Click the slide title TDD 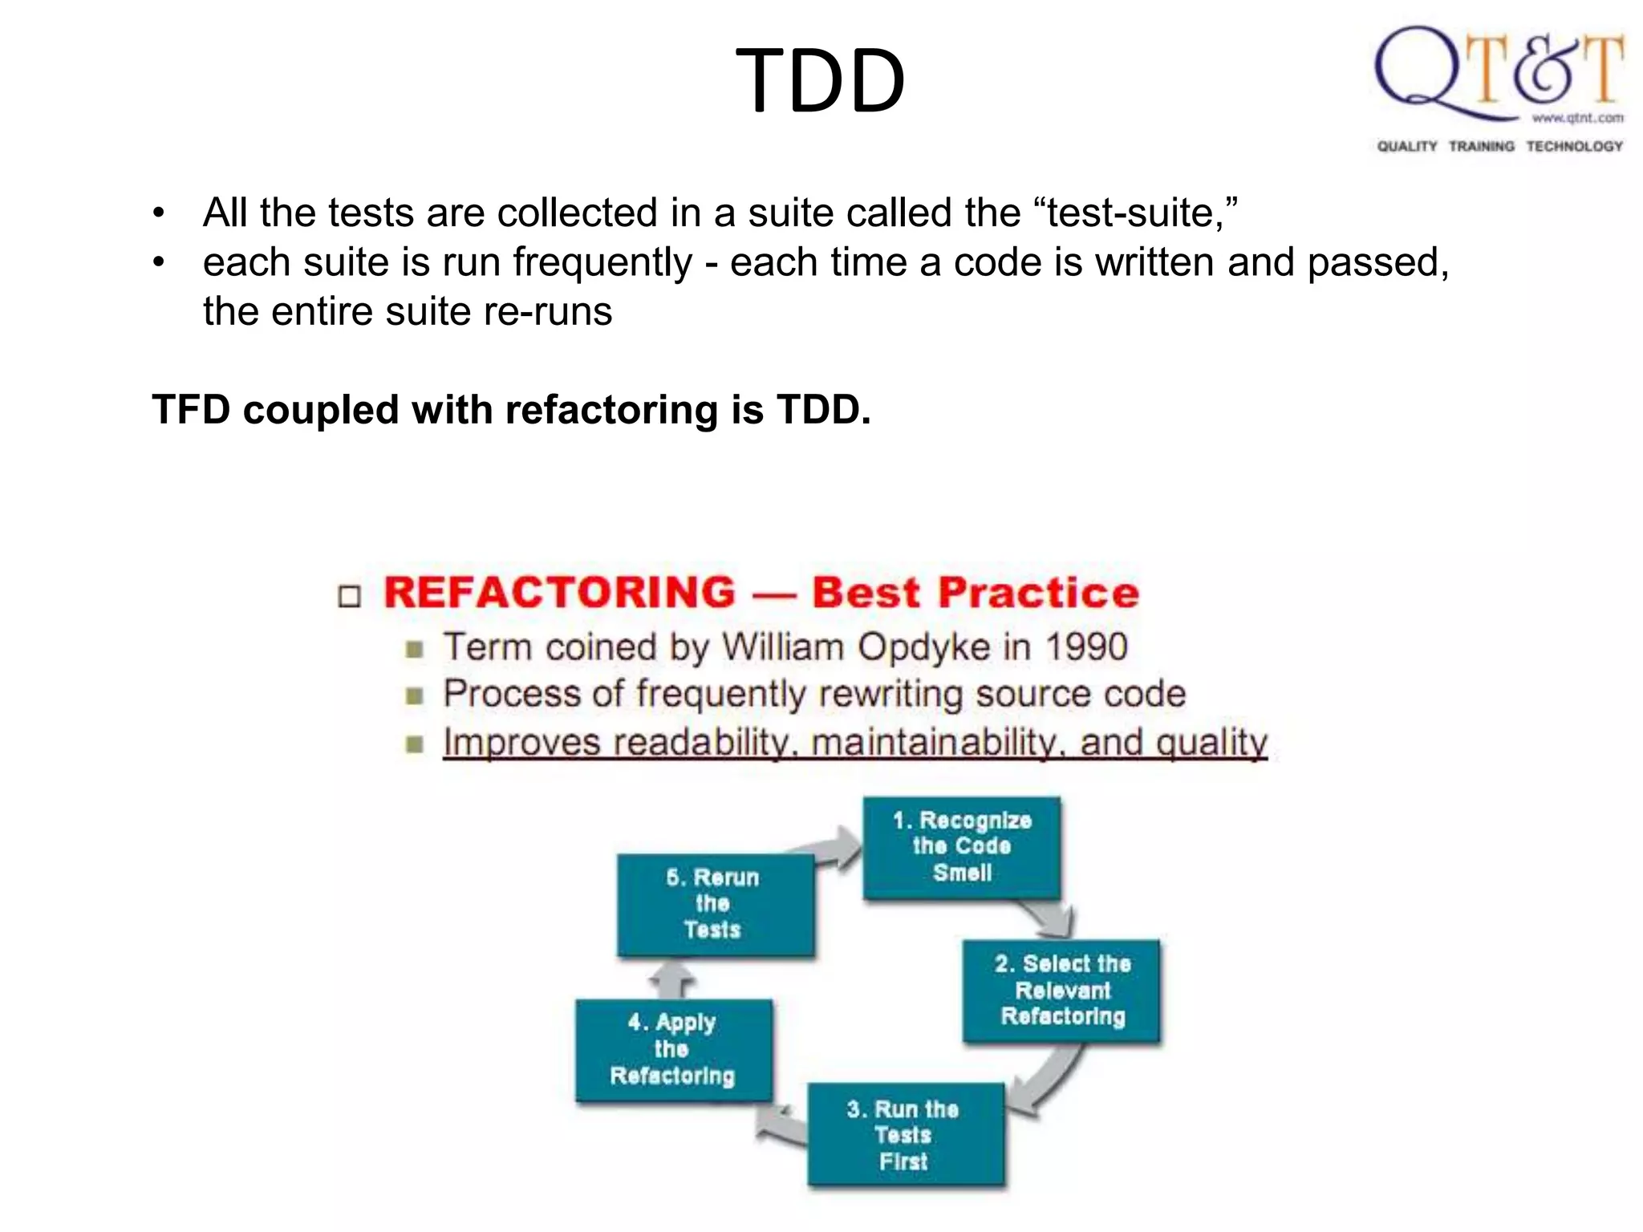820,81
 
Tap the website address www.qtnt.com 1577,118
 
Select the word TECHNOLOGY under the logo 1574,146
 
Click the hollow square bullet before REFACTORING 350,597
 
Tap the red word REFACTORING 559,593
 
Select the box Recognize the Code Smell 961,847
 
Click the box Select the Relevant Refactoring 1061,990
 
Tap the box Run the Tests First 905,1134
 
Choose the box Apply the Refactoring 673,1049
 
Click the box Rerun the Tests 715,904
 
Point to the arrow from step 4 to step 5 671,979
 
